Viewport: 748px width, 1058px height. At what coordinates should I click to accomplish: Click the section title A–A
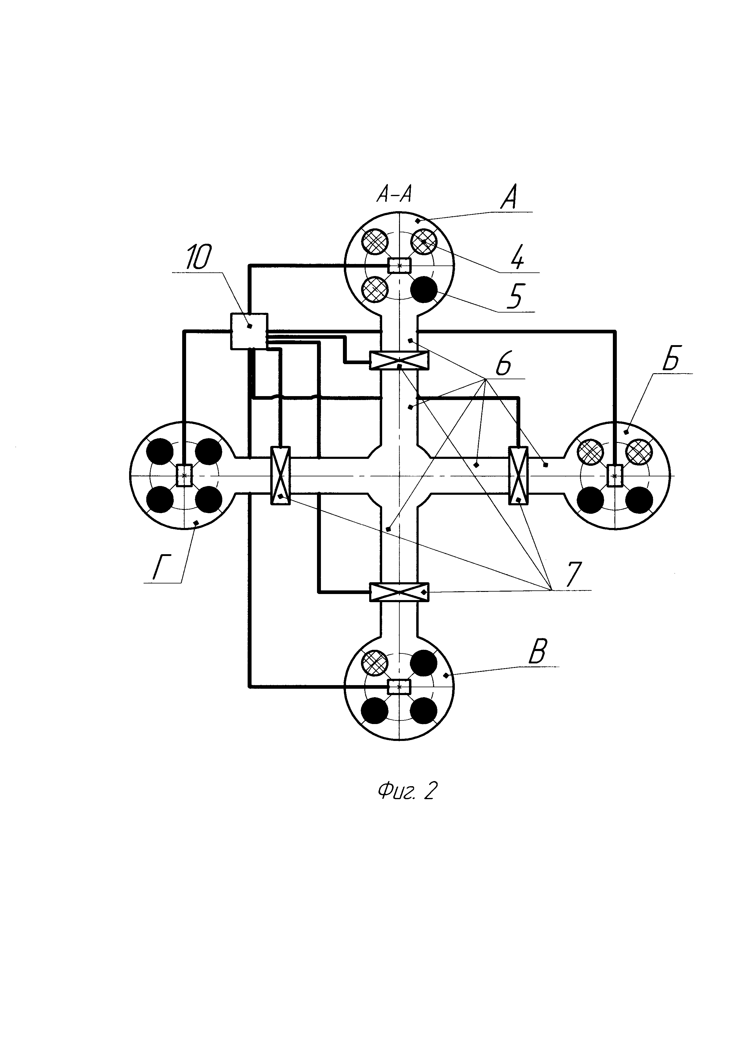(394, 195)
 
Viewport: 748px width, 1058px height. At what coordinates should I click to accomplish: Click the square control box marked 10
(249, 331)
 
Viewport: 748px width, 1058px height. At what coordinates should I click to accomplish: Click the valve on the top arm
(399, 360)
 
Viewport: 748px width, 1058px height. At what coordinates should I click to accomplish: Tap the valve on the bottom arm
(399, 592)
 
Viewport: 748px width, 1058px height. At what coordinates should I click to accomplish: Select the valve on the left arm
(280, 475)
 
